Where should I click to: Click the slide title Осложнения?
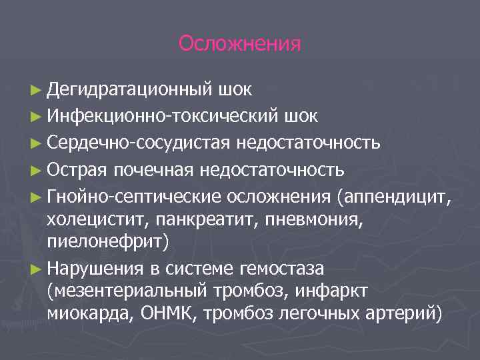click(240, 44)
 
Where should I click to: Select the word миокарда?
click(88, 314)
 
